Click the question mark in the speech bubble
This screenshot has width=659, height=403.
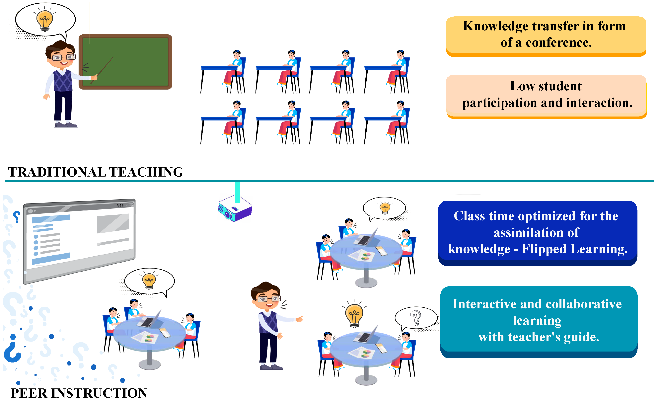pos(416,318)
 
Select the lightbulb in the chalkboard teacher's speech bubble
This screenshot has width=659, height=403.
pos(45,20)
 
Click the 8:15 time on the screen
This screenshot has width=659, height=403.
pos(120,206)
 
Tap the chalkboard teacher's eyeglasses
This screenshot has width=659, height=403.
pos(64,57)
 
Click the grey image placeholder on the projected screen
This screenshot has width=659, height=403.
pos(113,223)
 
